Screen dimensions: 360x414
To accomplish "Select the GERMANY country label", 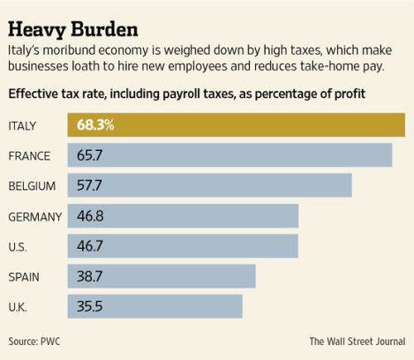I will (x=34, y=216).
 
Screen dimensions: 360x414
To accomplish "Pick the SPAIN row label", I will (x=25, y=276).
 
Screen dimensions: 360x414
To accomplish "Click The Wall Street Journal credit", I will (x=356, y=341).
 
